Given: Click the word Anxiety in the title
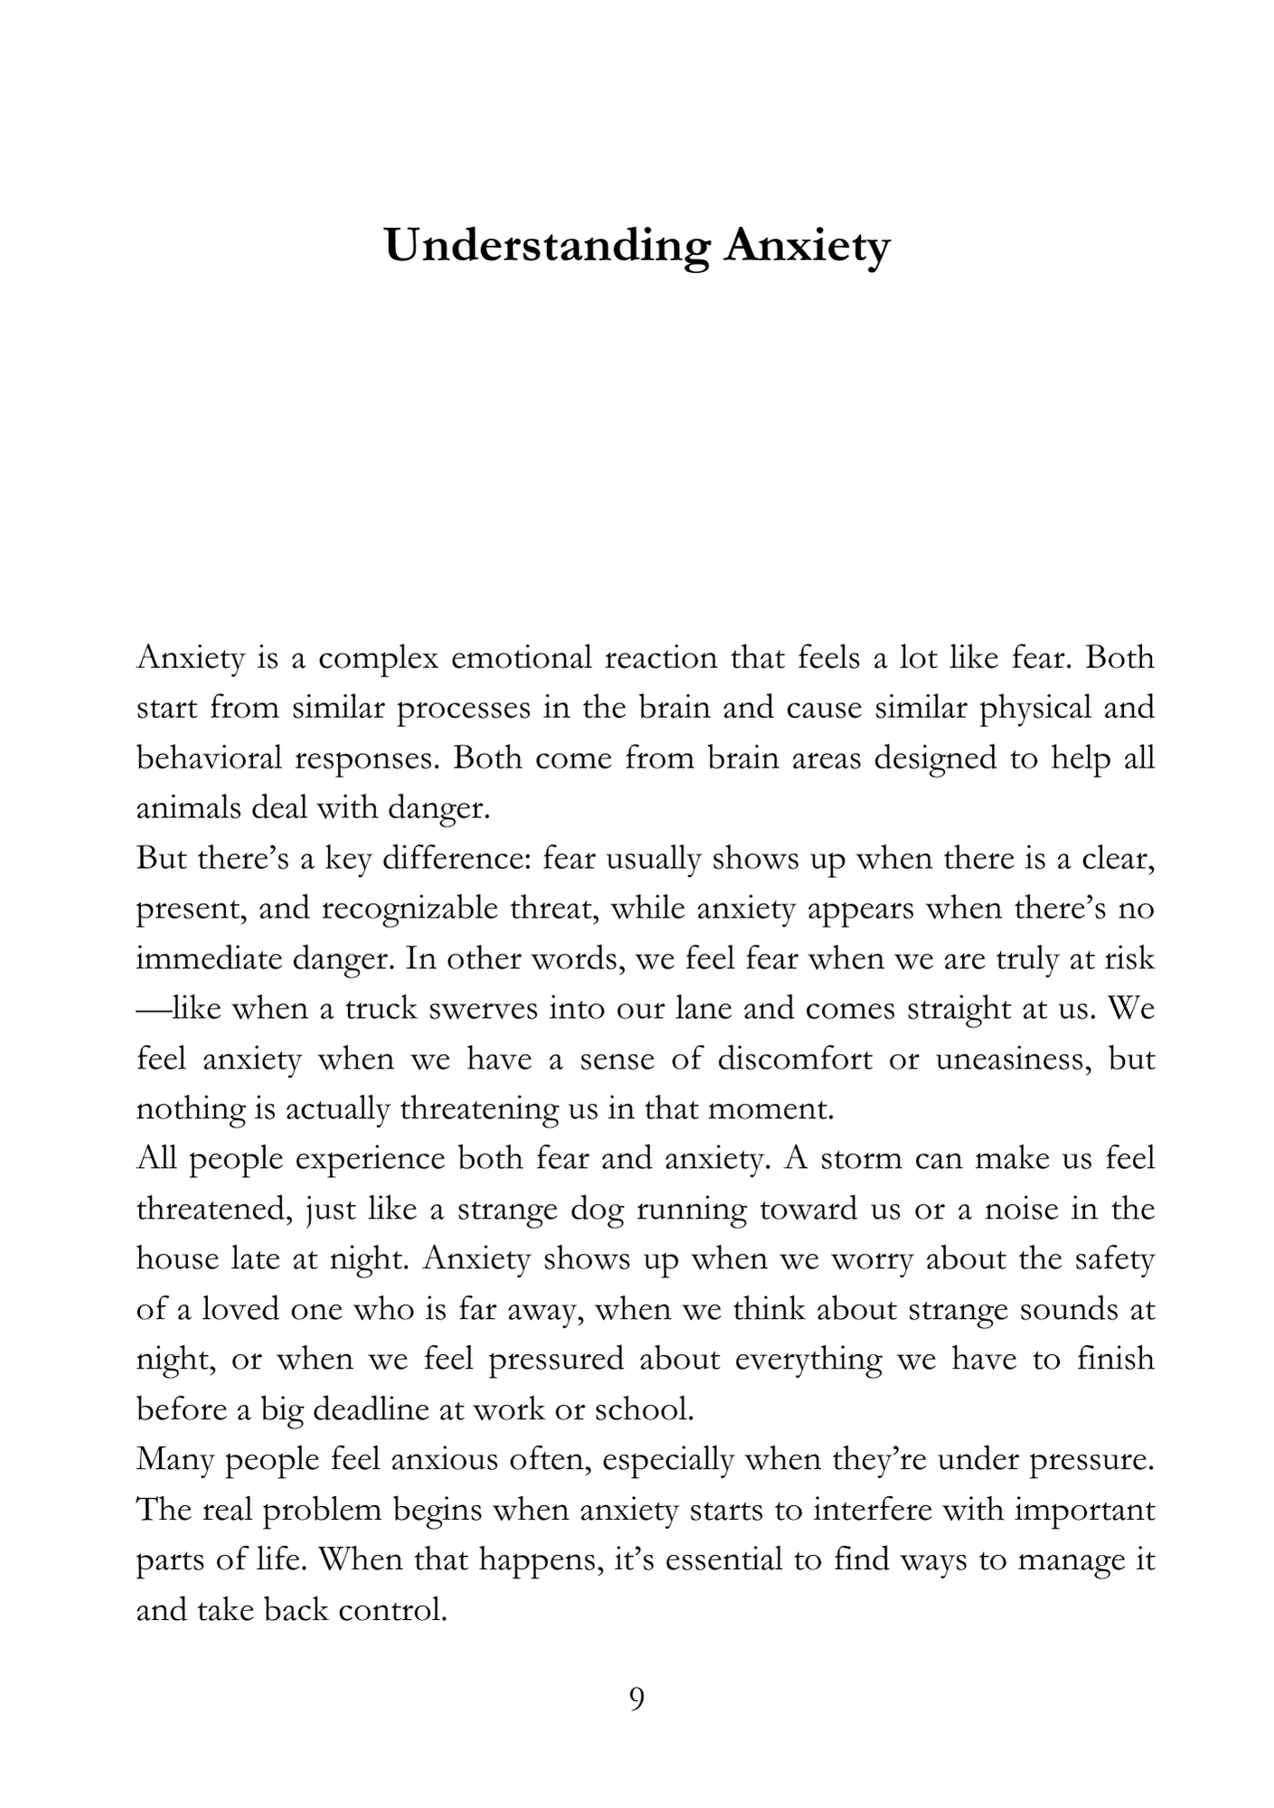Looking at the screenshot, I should coord(807,246).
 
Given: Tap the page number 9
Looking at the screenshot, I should coord(637,1699).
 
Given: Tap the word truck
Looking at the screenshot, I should coord(379,1008).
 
